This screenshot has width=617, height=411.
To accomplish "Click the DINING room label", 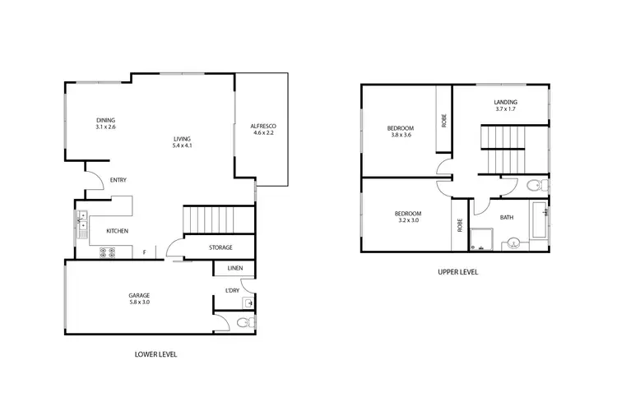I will click(x=105, y=124).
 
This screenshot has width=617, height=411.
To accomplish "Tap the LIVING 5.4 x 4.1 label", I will click(x=181, y=142).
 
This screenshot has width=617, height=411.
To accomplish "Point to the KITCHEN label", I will click(x=116, y=231).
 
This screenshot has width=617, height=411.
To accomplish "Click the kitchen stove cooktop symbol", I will click(x=106, y=253).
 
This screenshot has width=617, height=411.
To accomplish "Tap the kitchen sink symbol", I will click(x=82, y=224).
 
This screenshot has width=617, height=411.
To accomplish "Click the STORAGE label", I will click(x=220, y=247).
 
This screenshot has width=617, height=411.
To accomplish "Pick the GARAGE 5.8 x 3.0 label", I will click(x=138, y=298).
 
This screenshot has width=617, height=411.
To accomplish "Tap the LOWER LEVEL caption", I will click(x=155, y=354).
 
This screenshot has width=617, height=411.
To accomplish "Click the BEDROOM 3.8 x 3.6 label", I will click(x=400, y=131).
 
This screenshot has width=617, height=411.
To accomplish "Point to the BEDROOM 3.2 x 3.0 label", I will click(x=408, y=217).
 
